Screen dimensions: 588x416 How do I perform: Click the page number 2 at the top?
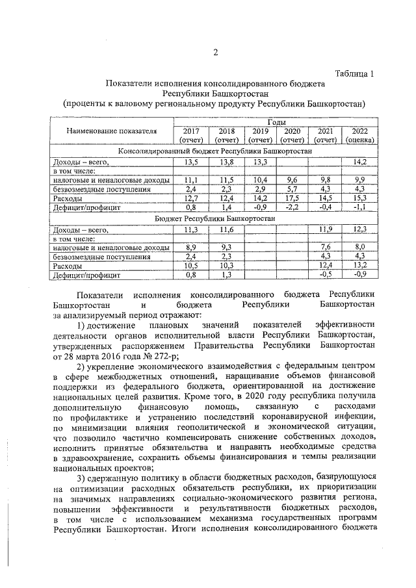pos(215,53)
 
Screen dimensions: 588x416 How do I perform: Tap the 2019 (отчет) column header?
pos(260,135)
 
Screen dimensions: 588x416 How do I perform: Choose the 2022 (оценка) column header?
pos(359,135)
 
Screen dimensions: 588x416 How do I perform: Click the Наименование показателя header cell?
pos(111,131)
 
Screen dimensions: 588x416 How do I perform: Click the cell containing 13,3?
pos(260,161)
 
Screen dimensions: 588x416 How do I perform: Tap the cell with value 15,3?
pos(359,198)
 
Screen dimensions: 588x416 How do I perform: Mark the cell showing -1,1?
pos(359,207)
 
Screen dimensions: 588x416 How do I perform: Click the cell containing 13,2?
pos(359,266)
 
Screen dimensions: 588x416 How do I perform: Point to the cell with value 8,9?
pos(190,248)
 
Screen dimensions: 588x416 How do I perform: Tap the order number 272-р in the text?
pos(165,354)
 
